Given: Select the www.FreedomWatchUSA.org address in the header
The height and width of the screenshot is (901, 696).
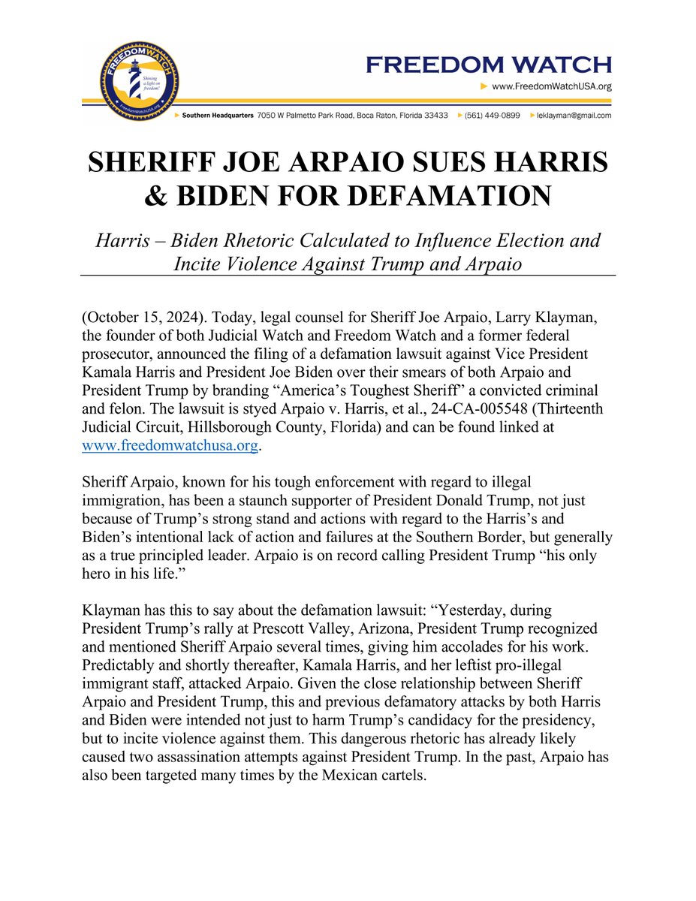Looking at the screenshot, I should coord(551,87).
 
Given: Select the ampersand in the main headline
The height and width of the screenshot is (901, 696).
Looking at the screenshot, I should coord(157,197).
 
